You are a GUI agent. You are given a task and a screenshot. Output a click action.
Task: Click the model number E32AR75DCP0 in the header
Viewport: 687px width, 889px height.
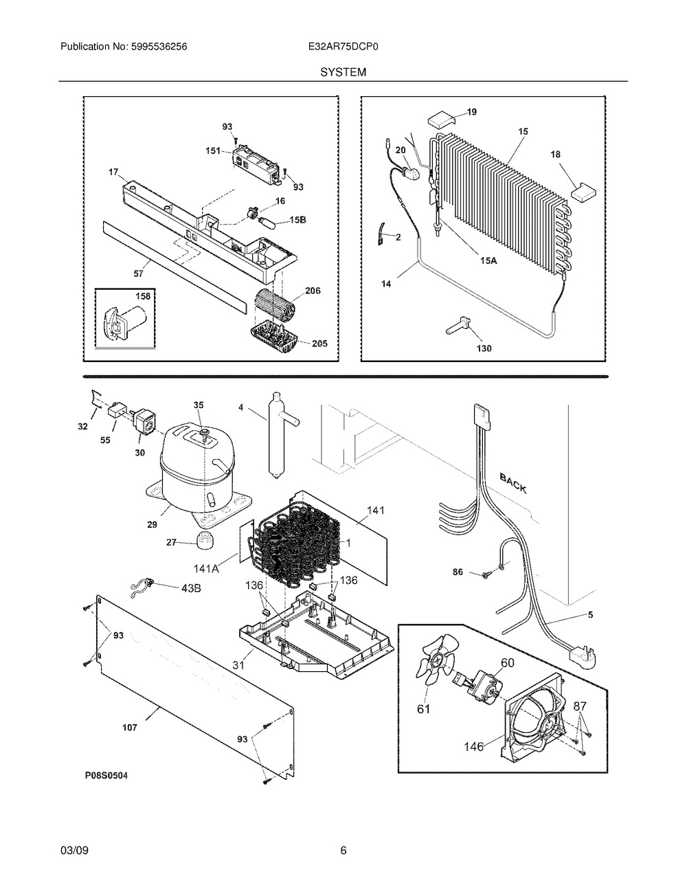tap(343, 47)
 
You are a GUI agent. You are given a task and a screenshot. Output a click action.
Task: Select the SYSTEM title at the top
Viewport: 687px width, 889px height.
tap(343, 71)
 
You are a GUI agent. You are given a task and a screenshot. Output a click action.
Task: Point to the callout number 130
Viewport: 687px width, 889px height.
tap(484, 348)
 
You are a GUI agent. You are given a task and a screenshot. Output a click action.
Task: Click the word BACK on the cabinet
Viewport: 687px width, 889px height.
tap(513, 483)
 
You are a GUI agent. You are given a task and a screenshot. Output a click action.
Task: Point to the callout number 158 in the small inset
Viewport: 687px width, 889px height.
tap(142, 296)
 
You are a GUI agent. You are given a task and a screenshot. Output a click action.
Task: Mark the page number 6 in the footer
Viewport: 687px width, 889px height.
tap(343, 851)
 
